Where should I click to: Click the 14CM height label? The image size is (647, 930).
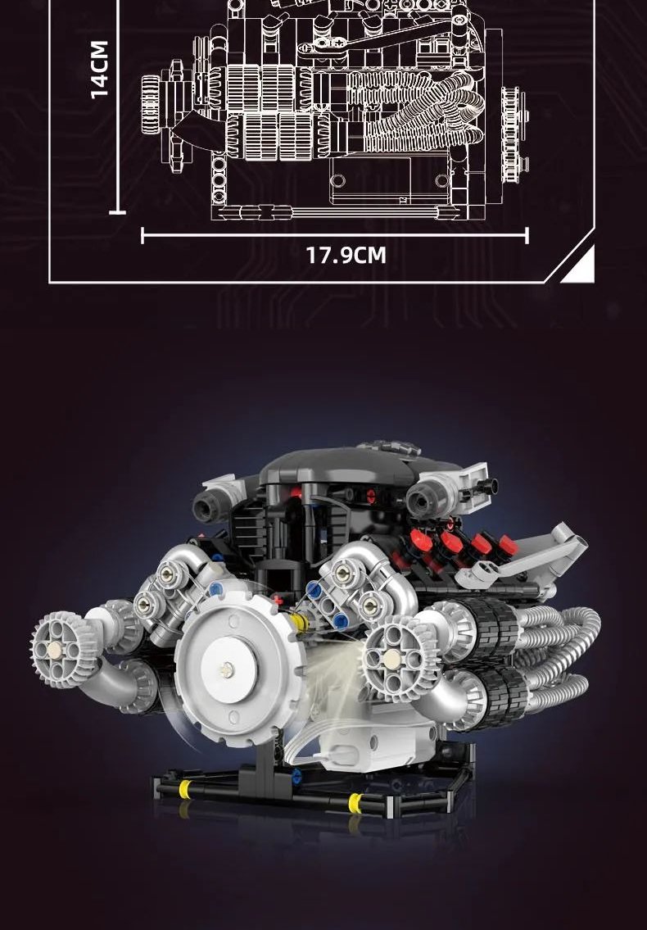tap(100, 69)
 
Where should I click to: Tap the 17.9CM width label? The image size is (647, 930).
tap(346, 255)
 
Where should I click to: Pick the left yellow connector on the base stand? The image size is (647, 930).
tap(186, 789)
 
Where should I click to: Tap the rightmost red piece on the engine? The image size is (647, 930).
tap(507, 544)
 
